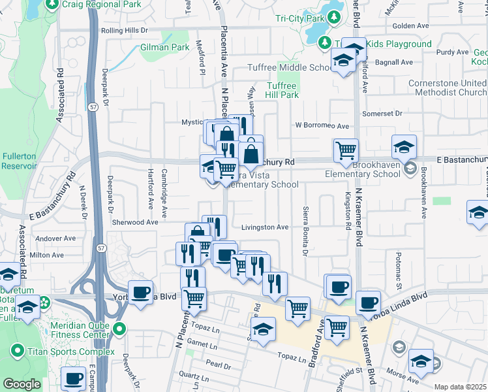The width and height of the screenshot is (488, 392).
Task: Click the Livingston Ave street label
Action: coord(265,227)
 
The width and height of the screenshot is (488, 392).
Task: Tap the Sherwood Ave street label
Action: coord(135,222)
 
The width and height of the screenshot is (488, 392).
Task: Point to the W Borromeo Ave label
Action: coord(322,125)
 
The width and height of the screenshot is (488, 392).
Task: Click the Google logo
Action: coord(22,384)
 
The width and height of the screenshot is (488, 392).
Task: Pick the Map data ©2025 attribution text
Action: coord(460,387)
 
